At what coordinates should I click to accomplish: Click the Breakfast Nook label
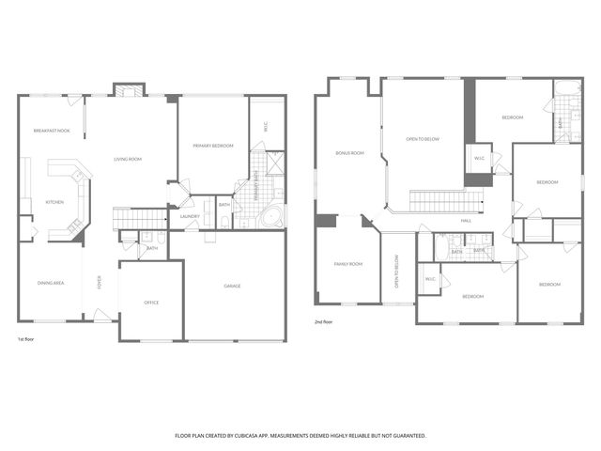(x=52, y=131)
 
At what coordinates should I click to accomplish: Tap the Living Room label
(x=128, y=160)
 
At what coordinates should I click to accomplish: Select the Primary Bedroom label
(x=212, y=147)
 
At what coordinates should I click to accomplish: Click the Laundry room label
(x=190, y=217)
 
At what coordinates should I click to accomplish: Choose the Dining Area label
(x=50, y=283)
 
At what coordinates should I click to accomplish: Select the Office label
(x=150, y=303)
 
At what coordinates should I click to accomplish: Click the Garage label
(x=232, y=286)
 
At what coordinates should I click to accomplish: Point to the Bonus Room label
(x=349, y=152)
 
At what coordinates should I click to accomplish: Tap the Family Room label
(x=347, y=264)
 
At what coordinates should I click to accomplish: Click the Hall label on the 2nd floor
(x=466, y=221)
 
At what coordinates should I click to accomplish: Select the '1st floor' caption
(x=27, y=338)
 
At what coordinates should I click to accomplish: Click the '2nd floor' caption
(x=324, y=321)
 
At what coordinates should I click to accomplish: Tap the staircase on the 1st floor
(x=140, y=219)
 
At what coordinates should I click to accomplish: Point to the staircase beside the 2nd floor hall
(x=447, y=200)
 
